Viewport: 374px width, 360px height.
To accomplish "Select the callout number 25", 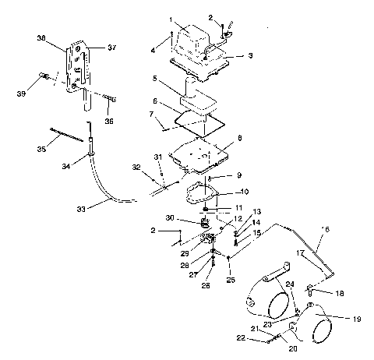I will click(x=230, y=279).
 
